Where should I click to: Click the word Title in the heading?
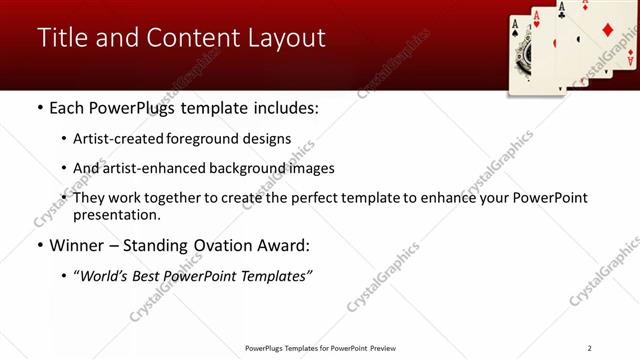coord(61,38)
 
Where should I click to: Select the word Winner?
coord(76,245)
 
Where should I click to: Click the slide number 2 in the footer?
coord(589,348)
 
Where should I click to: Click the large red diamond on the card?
coord(607,30)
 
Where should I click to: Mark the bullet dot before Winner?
coord(39,245)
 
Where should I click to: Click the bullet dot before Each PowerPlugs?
coord(39,107)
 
